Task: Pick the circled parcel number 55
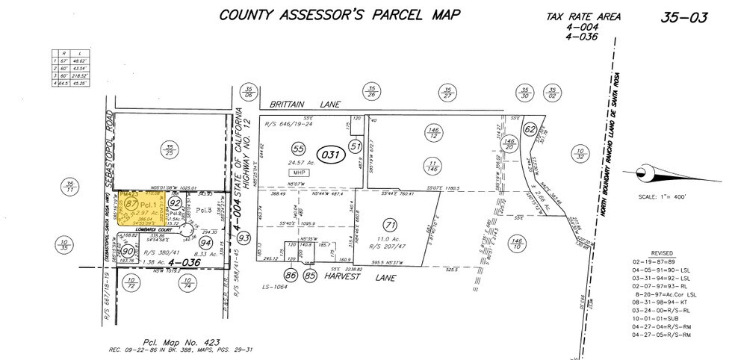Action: pyautogui.click(x=279, y=149)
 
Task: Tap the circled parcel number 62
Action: pyautogui.click(x=530, y=128)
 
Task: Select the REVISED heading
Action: pyautogui.click(x=661, y=253)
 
